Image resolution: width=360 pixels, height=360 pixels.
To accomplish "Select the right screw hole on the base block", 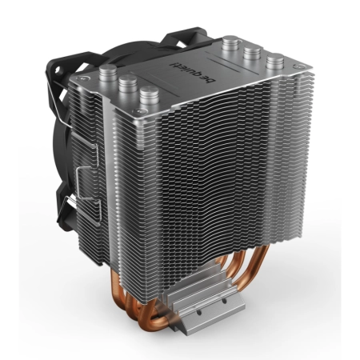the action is point(225,302).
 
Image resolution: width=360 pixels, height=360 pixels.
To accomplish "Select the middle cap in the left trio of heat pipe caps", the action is point(128,82).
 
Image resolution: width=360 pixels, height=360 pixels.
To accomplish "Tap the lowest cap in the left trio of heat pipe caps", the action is point(150,94).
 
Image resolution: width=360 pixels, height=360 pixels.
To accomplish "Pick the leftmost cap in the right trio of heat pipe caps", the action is point(231,42).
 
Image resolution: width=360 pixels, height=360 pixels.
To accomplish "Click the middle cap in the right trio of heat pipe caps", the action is point(253,53).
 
